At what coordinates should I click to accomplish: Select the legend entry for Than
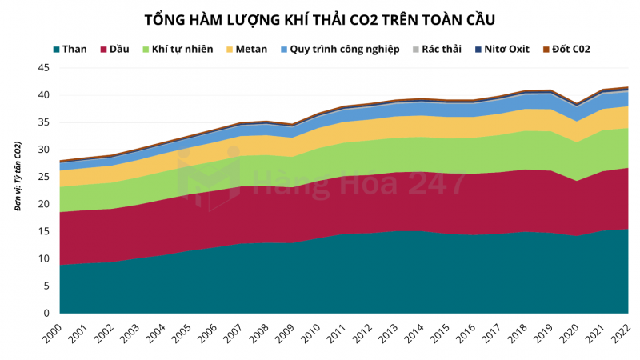(x=70, y=50)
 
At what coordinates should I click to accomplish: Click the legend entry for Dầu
(x=114, y=50)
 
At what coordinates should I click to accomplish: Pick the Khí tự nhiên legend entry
(x=177, y=50)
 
